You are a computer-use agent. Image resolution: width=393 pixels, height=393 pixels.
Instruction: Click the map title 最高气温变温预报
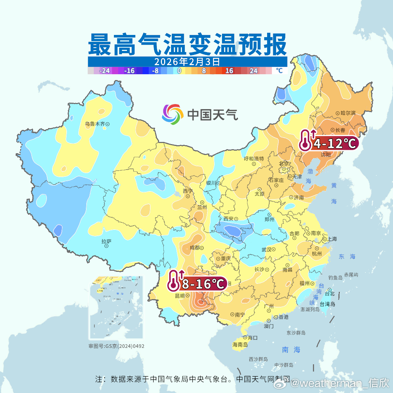[x=187, y=44]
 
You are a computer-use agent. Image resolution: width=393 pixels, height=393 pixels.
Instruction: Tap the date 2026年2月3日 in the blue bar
[x=187, y=61]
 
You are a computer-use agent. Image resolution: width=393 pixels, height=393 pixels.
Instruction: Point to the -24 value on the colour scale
[x=105, y=71]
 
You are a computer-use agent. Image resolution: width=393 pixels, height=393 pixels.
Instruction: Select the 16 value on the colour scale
[x=229, y=71]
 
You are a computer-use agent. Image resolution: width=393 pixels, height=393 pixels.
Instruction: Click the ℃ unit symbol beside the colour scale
[x=279, y=71]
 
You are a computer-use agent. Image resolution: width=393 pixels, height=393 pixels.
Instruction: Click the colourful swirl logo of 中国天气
[x=172, y=114]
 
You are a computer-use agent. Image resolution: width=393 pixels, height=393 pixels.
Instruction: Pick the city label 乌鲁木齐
[x=95, y=124]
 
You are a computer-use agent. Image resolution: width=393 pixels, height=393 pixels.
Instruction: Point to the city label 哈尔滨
[x=348, y=113]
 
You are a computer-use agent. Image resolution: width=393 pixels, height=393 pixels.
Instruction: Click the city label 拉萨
[x=106, y=241]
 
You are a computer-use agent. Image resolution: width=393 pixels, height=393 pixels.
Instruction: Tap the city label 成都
[x=195, y=248]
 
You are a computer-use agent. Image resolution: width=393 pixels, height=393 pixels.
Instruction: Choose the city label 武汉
[x=266, y=250]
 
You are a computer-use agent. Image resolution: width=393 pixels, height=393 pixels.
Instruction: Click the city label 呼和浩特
[x=254, y=159]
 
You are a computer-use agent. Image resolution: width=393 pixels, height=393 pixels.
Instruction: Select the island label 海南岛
[x=240, y=345]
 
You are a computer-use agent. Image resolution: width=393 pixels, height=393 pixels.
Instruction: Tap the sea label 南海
[x=291, y=350]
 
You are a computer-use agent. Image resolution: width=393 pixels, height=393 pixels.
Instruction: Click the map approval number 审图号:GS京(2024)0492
[x=116, y=346]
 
